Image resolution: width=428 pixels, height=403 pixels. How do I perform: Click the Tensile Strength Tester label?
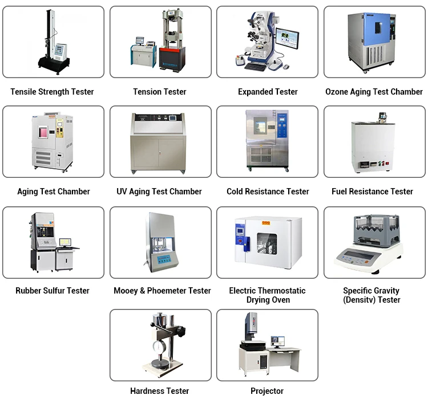coord(52,92)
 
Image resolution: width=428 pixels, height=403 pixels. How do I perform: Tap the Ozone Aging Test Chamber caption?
coord(374,92)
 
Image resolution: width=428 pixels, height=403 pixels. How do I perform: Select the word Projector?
coord(267,391)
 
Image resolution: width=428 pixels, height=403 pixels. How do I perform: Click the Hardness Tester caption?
coord(159,391)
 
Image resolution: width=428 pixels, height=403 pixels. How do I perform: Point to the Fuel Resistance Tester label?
coord(372,192)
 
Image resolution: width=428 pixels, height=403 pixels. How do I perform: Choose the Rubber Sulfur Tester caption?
coord(53,291)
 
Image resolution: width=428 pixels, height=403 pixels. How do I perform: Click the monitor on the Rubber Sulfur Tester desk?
coord(66,243)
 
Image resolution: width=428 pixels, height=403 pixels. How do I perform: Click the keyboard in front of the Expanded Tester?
coord(255,67)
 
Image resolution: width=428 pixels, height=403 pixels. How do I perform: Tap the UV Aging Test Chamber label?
coord(159,192)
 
